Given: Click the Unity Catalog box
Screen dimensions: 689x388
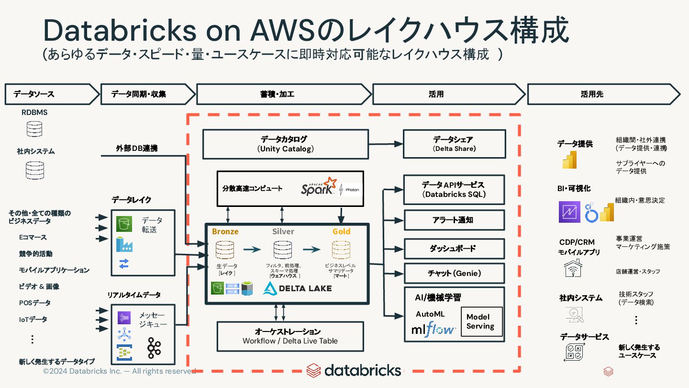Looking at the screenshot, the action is [x=286, y=144].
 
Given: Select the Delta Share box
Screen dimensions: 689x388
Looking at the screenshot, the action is [x=455, y=144].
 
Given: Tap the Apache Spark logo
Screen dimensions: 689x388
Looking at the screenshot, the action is [x=319, y=186].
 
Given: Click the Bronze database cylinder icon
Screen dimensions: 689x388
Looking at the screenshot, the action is [x=225, y=250].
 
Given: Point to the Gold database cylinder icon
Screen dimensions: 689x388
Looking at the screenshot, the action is [x=341, y=250].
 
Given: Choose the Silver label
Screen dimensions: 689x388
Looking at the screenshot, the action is [x=283, y=231].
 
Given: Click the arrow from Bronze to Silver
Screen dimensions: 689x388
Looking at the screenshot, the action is [x=252, y=249].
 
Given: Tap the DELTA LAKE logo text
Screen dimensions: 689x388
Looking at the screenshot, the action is [x=305, y=288].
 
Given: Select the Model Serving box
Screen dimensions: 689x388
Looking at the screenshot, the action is [x=482, y=321].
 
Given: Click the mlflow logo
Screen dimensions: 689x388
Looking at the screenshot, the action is [x=433, y=329].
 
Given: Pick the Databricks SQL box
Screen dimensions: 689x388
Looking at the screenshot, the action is [x=454, y=190].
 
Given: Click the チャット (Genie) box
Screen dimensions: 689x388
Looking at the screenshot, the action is [x=454, y=273].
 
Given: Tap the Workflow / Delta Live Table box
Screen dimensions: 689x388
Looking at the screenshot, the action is [x=290, y=337].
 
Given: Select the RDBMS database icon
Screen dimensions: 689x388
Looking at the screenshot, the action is [x=34, y=129].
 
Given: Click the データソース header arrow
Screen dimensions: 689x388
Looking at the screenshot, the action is [x=52, y=94].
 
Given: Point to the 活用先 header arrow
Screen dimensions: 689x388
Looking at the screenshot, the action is [x=603, y=94].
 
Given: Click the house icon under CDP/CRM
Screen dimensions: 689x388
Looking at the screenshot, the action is [x=573, y=268].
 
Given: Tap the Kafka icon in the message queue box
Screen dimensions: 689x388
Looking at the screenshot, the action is [x=154, y=348].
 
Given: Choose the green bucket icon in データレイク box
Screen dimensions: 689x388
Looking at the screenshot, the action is [x=124, y=224].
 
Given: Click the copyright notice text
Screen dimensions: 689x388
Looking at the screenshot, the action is [x=119, y=371].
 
